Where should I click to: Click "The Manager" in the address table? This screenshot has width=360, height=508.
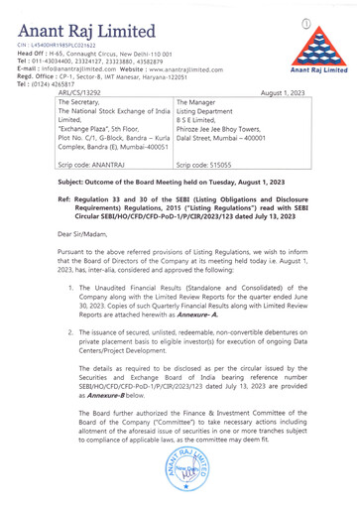coord(199,101)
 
